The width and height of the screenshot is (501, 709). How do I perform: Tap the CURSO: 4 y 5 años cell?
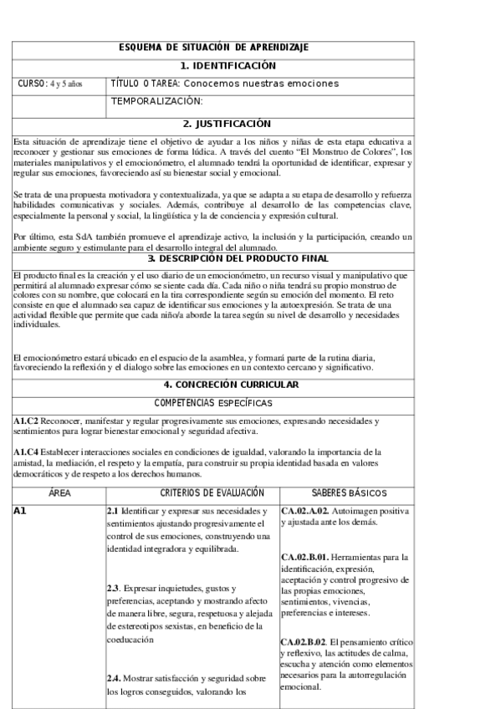50,84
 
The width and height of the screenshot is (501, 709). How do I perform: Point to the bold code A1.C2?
27,421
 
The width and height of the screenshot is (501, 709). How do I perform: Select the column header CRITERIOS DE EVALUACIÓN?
193,494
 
